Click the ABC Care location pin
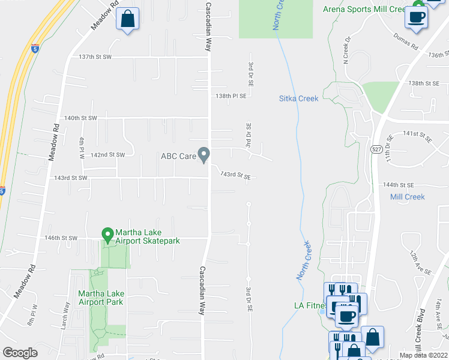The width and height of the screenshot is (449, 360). pyautogui.click(x=204, y=155)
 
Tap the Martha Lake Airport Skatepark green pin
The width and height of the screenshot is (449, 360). pyautogui.click(x=108, y=234)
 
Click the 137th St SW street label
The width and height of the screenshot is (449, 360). pyautogui.click(x=96, y=57)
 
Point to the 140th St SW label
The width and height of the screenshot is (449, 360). pyautogui.click(x=80, y=118)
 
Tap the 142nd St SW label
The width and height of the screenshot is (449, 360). pyautogui.click(x=107, y=155)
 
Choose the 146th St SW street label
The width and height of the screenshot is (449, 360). pyautogui.click(x=62, y=238)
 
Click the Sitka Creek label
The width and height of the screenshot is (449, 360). pyautogui.click(x=299, y=98)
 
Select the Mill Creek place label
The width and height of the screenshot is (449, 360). pyautogui.click(x=407, y=197)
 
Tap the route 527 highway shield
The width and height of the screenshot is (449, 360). pyautogui.click(x=374, y=149)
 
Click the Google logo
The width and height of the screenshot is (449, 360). pyautogui.click(x=20, y=353)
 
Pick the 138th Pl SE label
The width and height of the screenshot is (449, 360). pyautogui.click(x=232, y=95)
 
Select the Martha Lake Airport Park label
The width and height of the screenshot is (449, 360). pyautogui.click(x=101, y=297)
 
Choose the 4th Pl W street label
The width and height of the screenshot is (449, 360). pyautogui.click(x=82, y=148)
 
